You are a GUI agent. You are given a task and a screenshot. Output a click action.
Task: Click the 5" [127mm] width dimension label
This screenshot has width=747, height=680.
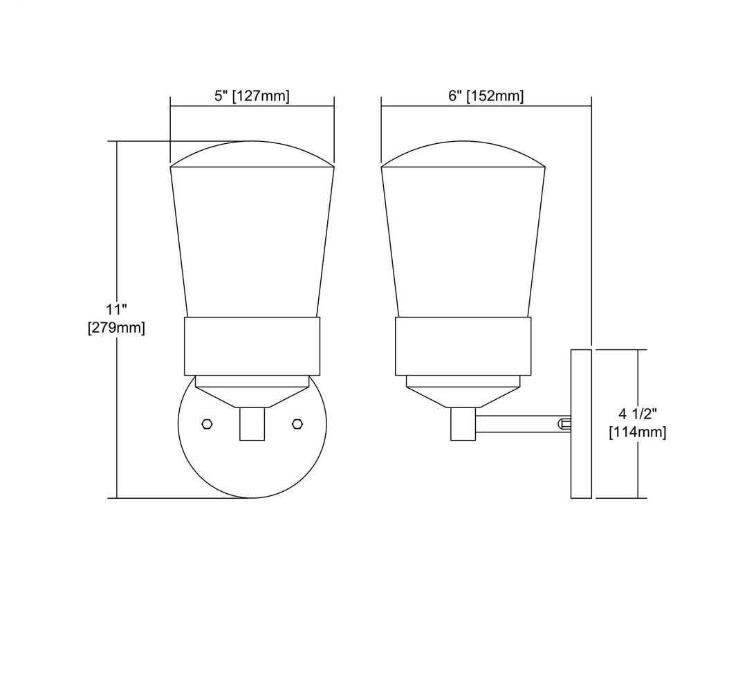point(252,95)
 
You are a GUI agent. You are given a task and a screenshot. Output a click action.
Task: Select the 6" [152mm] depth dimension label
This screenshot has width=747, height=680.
point(486,95)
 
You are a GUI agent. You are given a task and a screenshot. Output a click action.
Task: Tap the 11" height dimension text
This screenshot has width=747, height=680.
point(116,310)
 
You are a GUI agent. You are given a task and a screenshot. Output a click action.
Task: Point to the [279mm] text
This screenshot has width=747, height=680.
point(116,329)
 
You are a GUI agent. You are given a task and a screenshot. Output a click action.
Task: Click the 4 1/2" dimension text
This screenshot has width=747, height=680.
point(638,414)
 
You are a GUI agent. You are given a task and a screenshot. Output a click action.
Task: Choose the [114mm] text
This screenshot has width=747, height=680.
point(638,432)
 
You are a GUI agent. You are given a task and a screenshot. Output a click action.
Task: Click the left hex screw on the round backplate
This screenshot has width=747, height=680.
point(207,423)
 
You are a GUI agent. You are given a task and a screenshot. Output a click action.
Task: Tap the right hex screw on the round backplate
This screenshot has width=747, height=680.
point(297,423)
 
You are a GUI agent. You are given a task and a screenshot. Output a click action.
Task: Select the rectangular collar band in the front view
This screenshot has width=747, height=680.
point(252,347)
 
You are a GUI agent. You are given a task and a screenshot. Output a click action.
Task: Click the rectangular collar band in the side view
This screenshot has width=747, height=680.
point(463,347)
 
